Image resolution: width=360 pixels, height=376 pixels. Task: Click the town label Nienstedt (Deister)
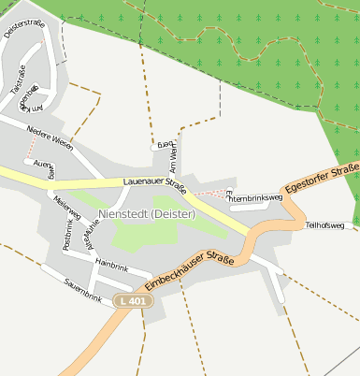(x=146, y=214)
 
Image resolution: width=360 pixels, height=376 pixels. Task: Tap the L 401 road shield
(x=134, y=301)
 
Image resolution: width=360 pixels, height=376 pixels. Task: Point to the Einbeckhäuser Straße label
(x=190, y=270)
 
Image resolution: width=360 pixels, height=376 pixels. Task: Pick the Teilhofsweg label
(x=325, y=225)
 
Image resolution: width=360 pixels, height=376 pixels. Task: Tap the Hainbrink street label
(x=111, y=265)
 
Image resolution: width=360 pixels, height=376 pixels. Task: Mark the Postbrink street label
(x=66, y=234)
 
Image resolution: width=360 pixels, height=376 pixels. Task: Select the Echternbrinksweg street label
(x=254, y=197)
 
